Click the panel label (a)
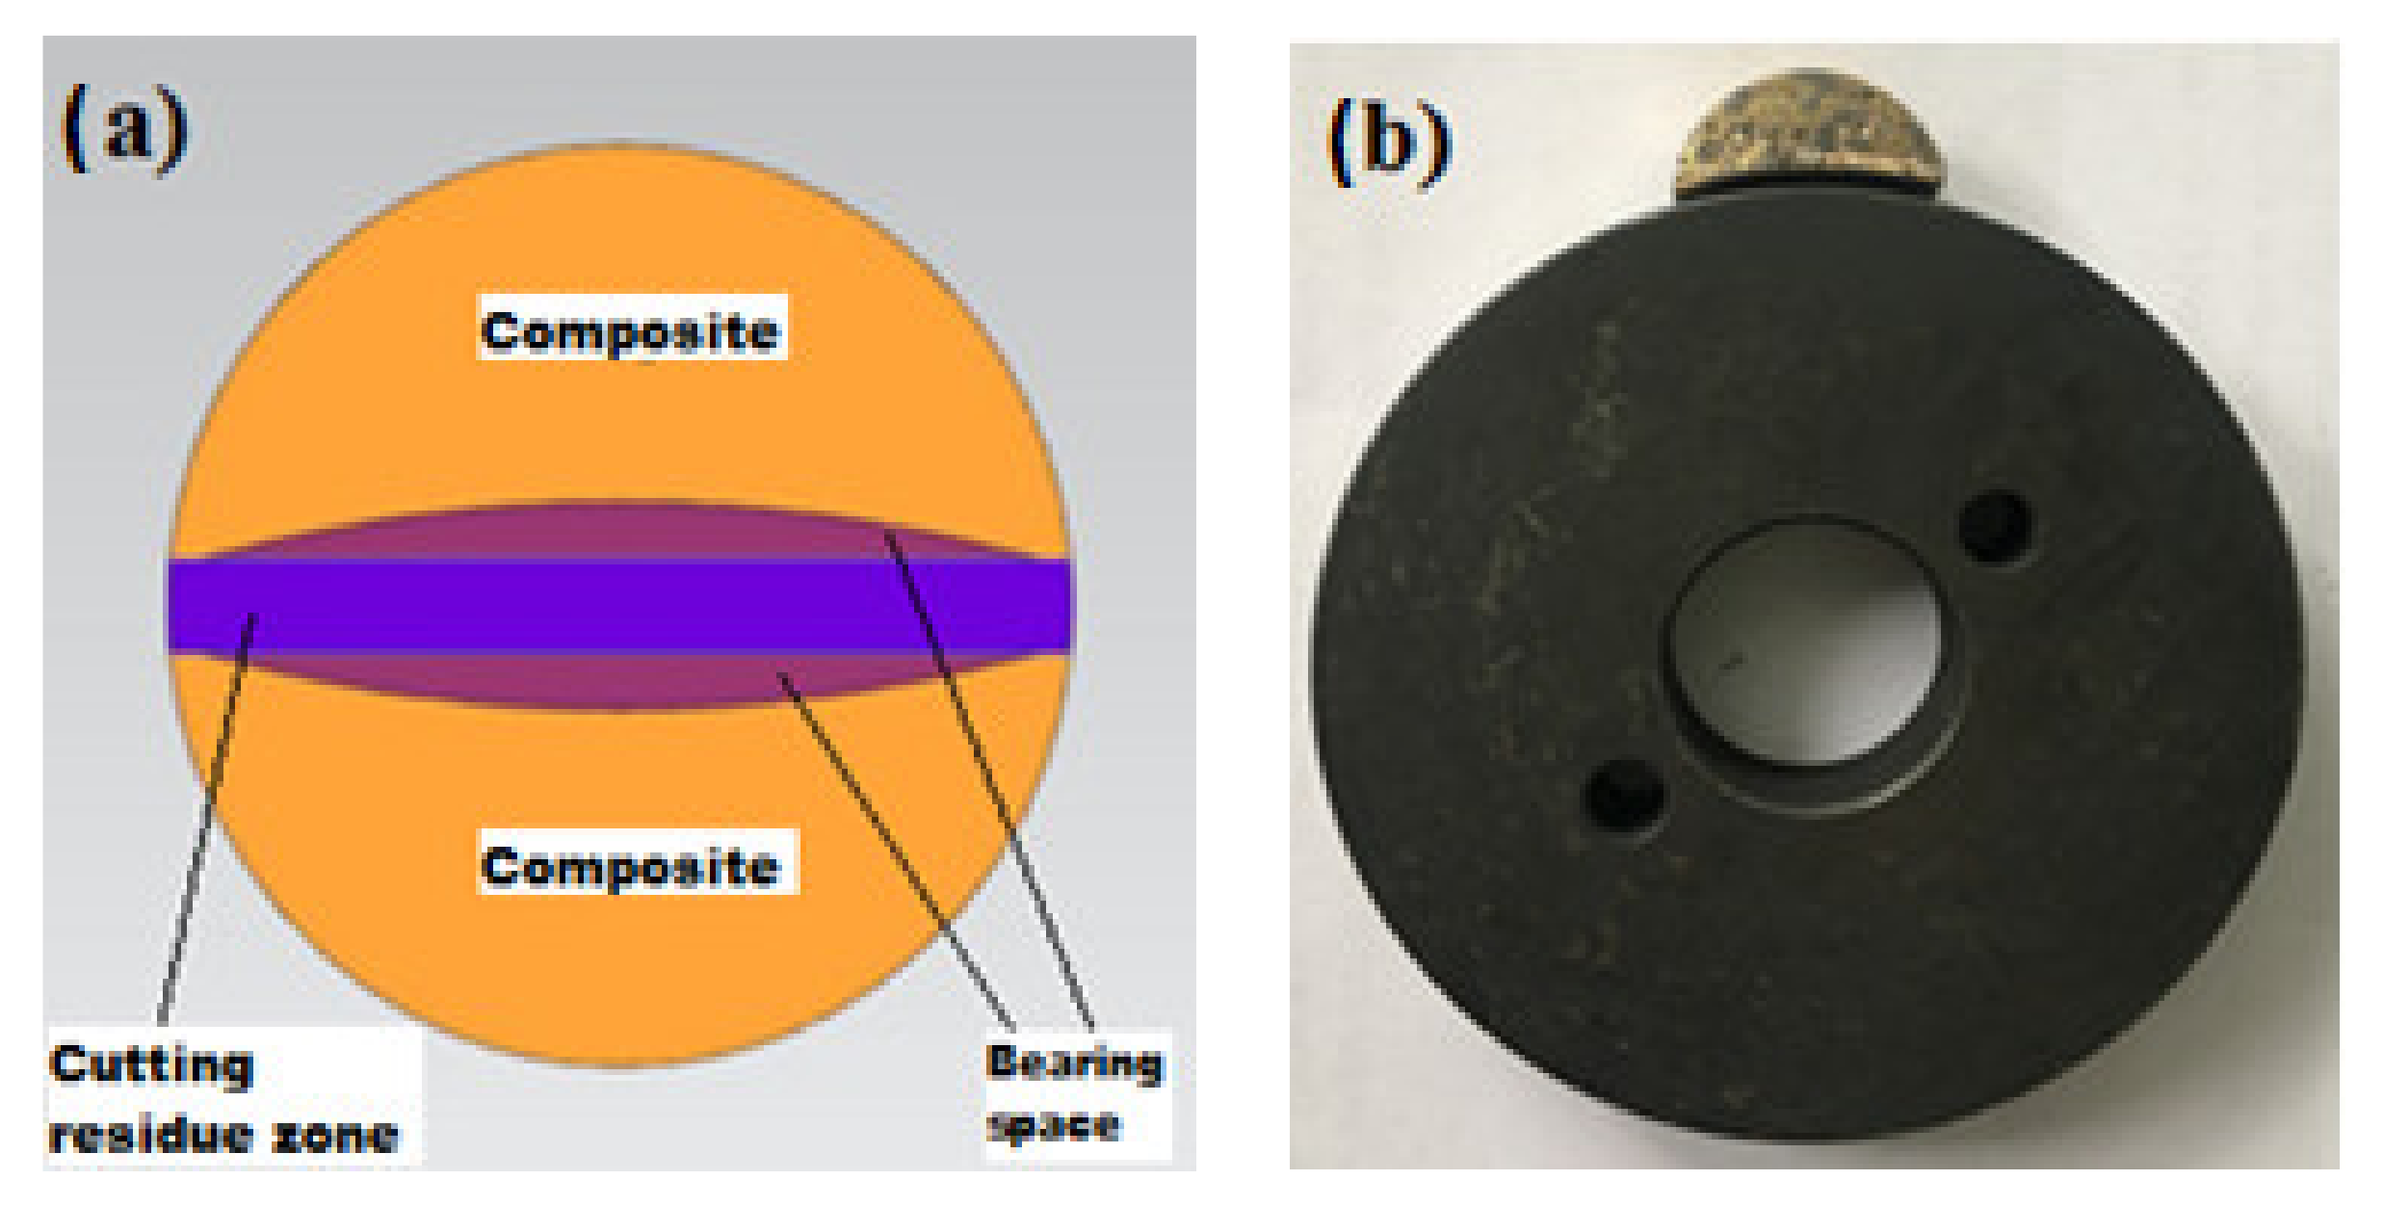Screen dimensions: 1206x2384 [124, 129]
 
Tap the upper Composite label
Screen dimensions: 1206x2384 [631, 330]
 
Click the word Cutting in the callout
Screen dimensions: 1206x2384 [151, 1065]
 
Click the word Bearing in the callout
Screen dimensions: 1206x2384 [1074, 1062]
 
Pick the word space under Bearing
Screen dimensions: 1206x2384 [1055, 1124]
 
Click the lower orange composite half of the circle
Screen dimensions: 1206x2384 [616, 963]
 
